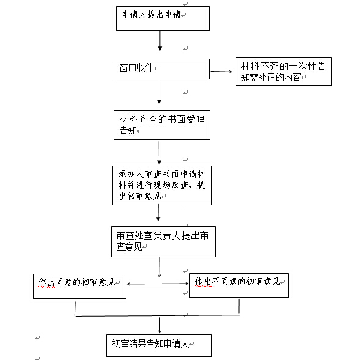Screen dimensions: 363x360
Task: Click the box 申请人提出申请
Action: pos(163,18)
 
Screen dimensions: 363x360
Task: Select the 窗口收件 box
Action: pos(161,69)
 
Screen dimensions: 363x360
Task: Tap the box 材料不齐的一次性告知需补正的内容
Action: pos(284,72)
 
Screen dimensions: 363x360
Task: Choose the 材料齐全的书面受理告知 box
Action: pos(162,125)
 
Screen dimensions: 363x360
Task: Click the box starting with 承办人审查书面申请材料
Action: pos(162,185)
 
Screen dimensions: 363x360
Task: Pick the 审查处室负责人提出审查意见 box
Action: pos(163,241)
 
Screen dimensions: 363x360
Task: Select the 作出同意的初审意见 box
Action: pos(79,287)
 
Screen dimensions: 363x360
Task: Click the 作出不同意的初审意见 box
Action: pos(239,285)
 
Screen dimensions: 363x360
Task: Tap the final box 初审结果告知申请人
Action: pos(159,346)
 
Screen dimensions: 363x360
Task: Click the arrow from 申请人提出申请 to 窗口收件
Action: pos(160,40)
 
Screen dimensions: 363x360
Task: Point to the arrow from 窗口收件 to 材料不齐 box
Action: pos(221,72)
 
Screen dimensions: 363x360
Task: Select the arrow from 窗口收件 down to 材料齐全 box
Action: pos(159,92)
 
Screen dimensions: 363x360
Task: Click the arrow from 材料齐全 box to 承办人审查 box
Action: pos(159,153)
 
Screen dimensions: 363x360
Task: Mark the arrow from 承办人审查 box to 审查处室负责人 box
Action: pos(158,213)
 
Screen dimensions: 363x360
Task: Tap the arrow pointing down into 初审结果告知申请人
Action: pos(159,325)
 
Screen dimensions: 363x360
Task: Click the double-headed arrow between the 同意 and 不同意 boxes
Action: pos(158,284)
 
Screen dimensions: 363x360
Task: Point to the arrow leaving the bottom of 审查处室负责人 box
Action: pos(159,267)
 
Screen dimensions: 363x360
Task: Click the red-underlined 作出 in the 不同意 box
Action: pos(204,282)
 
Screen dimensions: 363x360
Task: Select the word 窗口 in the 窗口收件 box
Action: pos(128,68)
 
